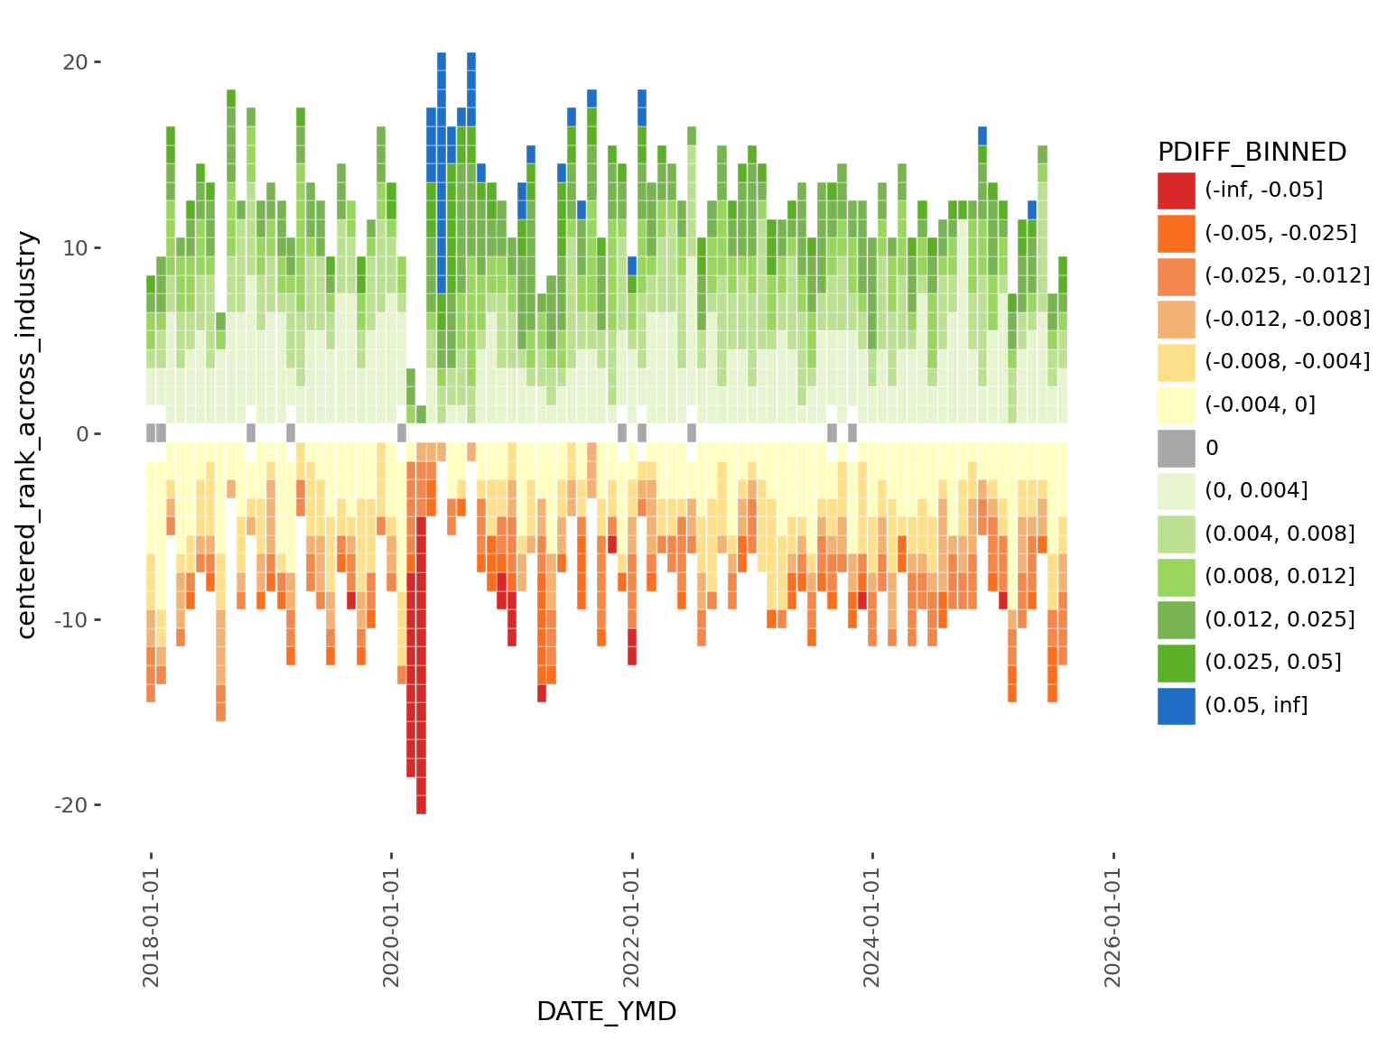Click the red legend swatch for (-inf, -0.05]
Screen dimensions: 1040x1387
point(1176,190)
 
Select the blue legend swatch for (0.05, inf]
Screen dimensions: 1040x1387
point(1176,705)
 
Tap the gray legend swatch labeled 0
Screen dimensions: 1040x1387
point(1176,448)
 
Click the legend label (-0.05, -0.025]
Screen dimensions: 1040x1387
point(1280,233)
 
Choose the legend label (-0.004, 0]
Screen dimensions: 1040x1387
point(1260,404)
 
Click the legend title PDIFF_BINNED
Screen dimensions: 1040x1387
point(1252,153)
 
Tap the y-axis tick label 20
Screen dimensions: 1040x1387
point(75,62)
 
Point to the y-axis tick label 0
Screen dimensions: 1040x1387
point(82,434)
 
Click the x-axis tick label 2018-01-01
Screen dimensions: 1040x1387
point(151,927)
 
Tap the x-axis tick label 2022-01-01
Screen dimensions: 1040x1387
point(632,927)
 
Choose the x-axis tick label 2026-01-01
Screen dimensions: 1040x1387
point(1112,927)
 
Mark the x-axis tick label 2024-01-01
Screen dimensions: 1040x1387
point(872,927)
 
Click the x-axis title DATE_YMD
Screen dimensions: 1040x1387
point(607,1012)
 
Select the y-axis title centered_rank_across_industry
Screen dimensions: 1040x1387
point(27,434)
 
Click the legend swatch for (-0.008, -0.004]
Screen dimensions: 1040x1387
point(1176,362)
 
